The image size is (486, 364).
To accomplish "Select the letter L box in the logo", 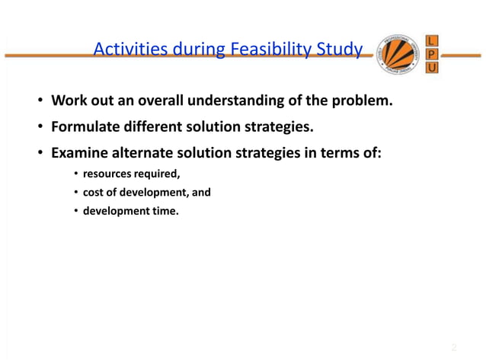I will (x=433, y=40).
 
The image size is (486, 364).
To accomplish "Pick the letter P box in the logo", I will (x=433, y=54).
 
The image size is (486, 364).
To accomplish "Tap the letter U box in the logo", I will (x=433, y=69).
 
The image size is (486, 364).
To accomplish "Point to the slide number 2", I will (x=453, y=347).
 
